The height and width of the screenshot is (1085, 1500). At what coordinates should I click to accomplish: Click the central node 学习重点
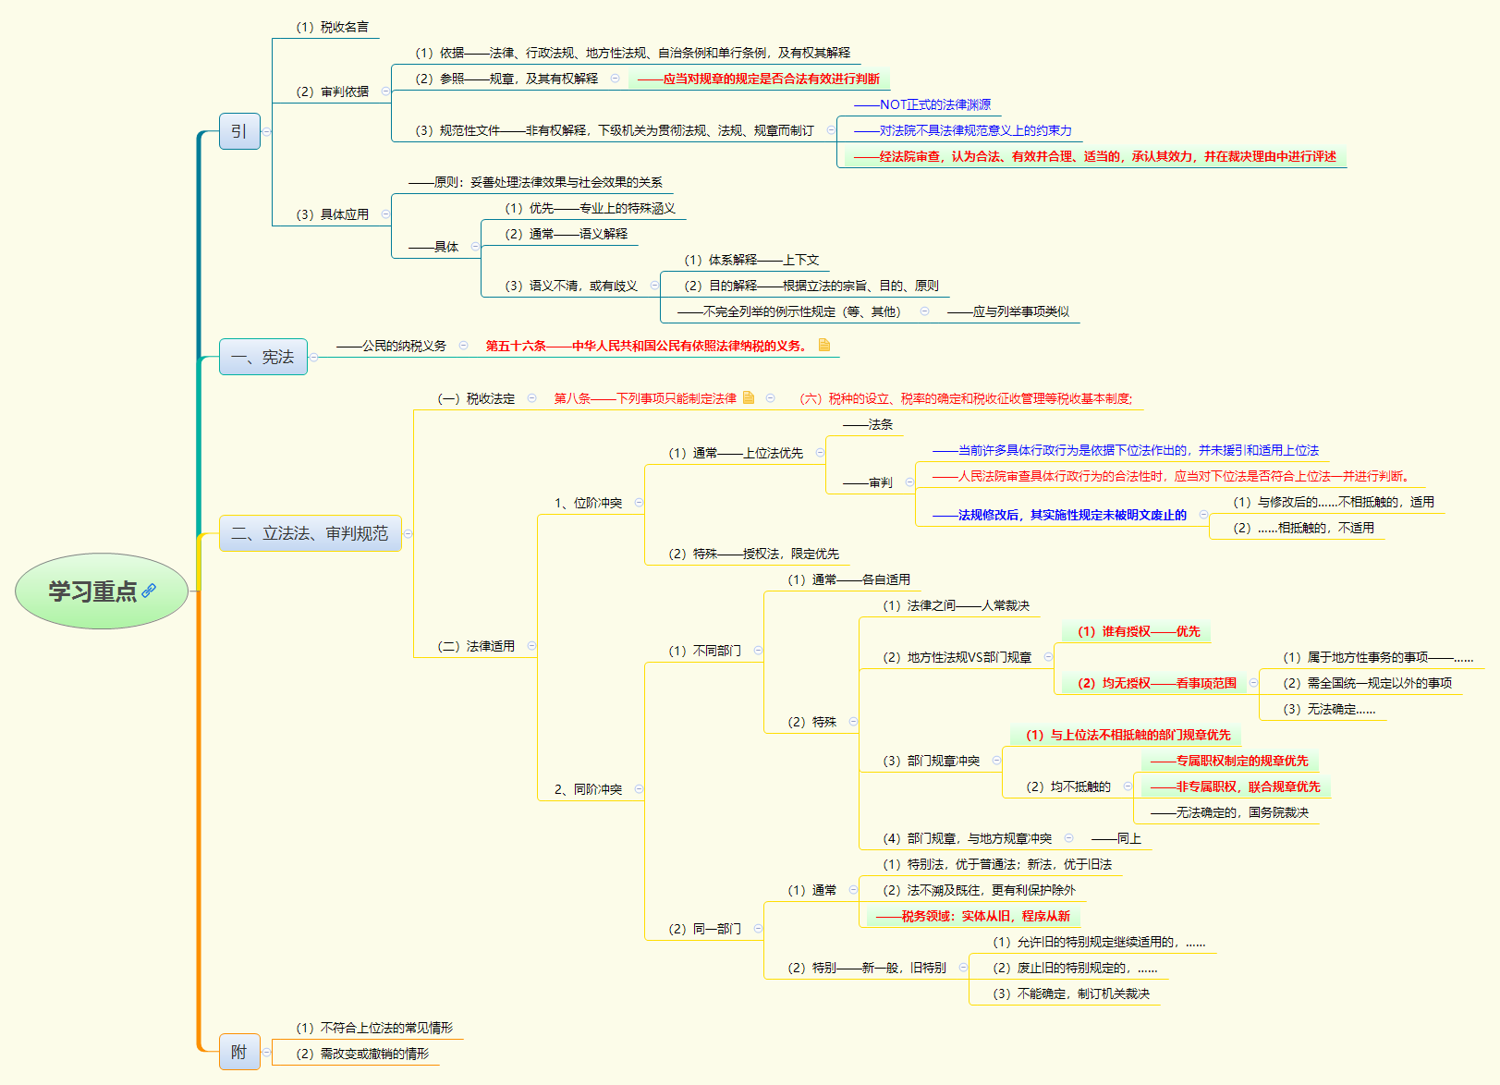point(92,591)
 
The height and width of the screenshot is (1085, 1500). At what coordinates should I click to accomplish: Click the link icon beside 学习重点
point(149,591)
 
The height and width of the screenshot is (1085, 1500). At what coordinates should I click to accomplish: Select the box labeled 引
point(239,131)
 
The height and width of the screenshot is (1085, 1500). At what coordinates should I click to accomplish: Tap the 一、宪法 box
point(262,357)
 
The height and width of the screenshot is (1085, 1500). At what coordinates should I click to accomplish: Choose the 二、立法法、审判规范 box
point(310,533)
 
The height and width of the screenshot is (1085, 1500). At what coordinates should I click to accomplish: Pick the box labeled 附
point(239,1052)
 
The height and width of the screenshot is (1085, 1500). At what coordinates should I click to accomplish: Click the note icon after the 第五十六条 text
point(823,345)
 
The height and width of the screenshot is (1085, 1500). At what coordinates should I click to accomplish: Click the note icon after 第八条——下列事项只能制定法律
point(749,397)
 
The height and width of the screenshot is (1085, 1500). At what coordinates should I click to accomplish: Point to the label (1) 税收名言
point(332,27)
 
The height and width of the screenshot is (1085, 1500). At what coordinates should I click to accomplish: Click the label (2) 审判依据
point(332,91)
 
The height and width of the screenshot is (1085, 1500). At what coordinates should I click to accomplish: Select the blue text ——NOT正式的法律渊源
point(921,104)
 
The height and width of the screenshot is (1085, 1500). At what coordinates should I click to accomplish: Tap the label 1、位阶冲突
point(588,503)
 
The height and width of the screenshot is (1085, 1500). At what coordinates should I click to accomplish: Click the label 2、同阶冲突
point(588,789)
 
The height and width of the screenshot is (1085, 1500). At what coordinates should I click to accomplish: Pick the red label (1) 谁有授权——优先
point(1138,631)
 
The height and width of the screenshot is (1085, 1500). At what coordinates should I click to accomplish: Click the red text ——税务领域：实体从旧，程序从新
point(972,916)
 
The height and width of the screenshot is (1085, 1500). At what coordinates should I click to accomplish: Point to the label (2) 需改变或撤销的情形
point(362,1054)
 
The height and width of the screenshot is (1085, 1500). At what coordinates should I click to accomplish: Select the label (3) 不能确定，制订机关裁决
point(1071,994)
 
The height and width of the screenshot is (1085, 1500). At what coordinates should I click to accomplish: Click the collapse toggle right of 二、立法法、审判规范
point(409,533)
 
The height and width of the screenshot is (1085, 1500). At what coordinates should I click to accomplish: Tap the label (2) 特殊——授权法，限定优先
point(753,554)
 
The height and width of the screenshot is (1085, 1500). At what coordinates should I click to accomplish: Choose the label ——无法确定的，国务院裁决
point(1229,812)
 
